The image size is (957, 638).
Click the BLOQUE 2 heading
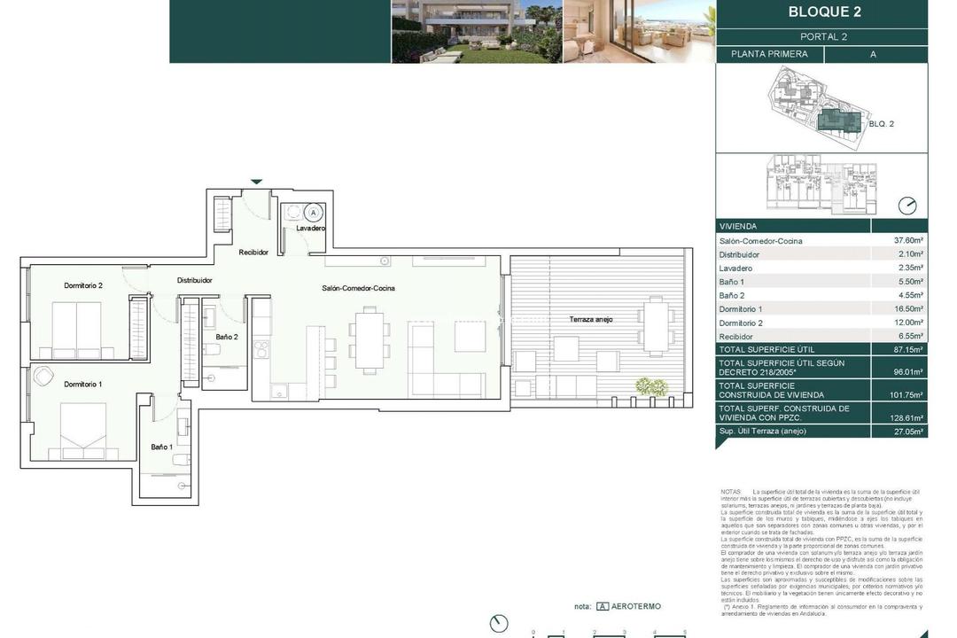click(824, 12)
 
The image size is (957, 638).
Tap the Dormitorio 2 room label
click(83, 285)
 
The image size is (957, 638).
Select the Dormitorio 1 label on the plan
click(83, 384)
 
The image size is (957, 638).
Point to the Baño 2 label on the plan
click(227, 337)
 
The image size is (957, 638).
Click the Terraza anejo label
click(591, 319)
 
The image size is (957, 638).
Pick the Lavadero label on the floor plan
click(310, 229)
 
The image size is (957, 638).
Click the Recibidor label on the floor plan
click(253, 253)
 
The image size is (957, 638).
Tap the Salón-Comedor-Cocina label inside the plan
click(358, 288)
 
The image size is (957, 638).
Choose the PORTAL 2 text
click(823, 37)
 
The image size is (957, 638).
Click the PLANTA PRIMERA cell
click(769, 54)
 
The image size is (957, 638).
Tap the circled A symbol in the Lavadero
click(312, 213)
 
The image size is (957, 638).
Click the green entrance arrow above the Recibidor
click(256, 182)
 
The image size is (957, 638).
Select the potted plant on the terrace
click(651, 386)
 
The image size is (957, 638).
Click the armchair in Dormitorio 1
click(43, 377)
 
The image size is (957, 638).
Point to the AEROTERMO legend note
click(628, 607)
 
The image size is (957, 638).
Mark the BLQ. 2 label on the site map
click(881, 124)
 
